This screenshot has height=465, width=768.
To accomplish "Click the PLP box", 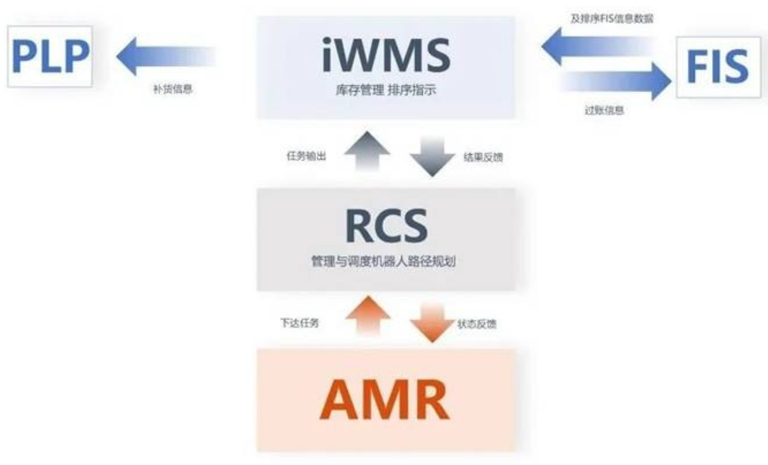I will pyautogui.click(x=50, y=57).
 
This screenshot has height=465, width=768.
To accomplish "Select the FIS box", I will pyautogui.click(x=718, y=67).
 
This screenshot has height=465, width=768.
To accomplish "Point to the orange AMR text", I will pyautogui.click(x=385, y=399).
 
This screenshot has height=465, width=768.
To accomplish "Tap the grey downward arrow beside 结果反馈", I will pyautogui.click(x=432, y=156).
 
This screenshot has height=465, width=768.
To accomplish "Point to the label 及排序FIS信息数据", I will pyautogui.click(x=612, y=18).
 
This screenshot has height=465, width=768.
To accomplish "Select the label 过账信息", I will pyautogui.click(x=604, y=111).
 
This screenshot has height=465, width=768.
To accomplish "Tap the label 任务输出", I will pyautogui.click(x=306, y=156).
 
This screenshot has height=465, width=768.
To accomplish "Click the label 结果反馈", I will pyautogui.click(x=484, y=158).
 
